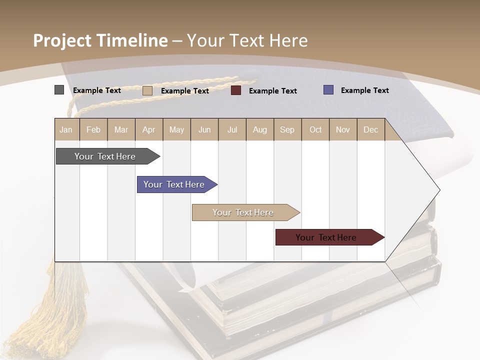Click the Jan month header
pyautogui.click(x=66, y=129)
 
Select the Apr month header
pyautogui.click(x=149, y=129)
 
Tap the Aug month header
pyautogui.click(x=260, y=129)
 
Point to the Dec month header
pyautogui.click(x=370, y=129)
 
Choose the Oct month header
pyautogui.click(x=315, y=129)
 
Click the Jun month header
pyautogui.click(x=204, y=129)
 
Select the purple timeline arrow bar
pyautogui.click(x=175, y=184)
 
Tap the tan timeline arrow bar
pyautogui.click(x=243, y=212)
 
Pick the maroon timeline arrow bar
pyautogui.click(x=327, y=237)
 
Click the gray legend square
pyautogui.click(x=59, y=90)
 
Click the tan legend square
pyautogui.click(x=147, y=90)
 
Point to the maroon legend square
pyautogui.click(x=236, y=90)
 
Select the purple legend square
pyautogui.click(x=328, y=90)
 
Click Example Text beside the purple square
pyautogui.click(x=364, y=90)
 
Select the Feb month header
pyautogui.click(x=93, y=129)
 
